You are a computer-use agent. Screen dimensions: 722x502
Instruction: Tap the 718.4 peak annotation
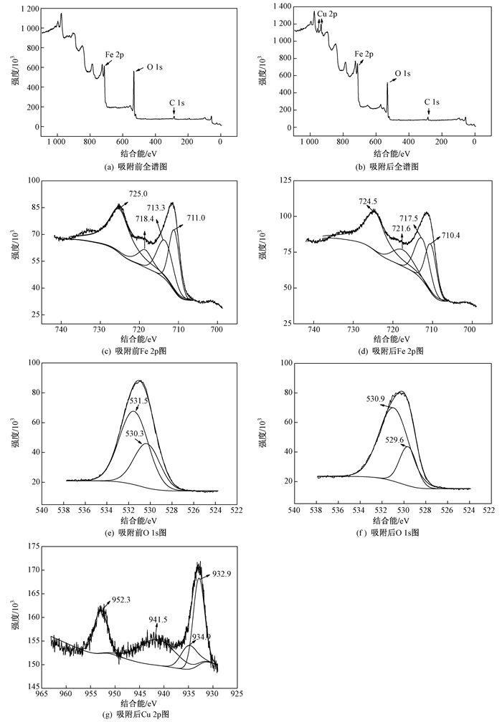147,218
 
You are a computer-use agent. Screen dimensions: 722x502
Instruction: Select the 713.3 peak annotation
158,208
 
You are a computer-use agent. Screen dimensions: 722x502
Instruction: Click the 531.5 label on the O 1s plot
138,401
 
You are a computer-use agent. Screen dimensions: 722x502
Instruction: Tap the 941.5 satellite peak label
158,619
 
